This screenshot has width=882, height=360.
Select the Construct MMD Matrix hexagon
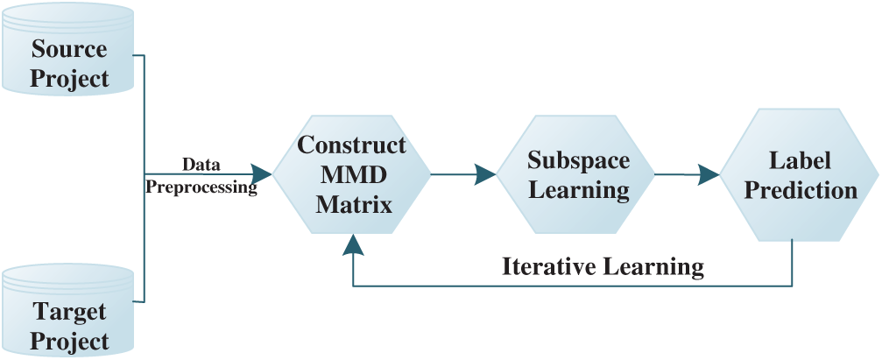(351, 175)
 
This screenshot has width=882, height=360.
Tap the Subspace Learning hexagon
(576, 175)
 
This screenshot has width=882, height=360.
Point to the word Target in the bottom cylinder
(69, 311)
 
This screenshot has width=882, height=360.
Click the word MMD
(351, 175)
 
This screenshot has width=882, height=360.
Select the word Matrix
(351, 205)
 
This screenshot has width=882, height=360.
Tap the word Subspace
(578, 160)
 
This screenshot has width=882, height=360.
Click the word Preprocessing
(201, 187)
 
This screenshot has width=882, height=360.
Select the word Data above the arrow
(201, 164)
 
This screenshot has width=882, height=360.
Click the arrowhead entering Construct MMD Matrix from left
(262, 173)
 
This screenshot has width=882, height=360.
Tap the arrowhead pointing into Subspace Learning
(486, 174)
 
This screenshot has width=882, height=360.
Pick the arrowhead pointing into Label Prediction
(710, 174)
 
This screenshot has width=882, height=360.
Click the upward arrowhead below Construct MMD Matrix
(352, 244)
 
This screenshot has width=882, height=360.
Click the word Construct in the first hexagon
(351, 145)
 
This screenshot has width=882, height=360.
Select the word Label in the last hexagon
(800, 160)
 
